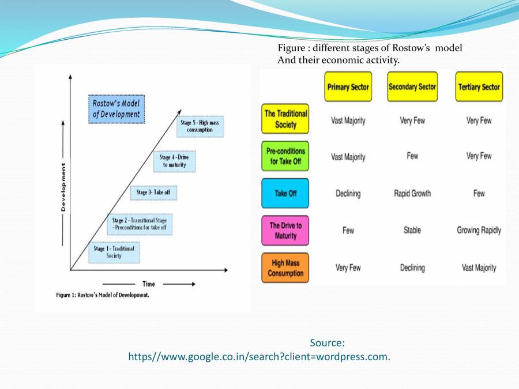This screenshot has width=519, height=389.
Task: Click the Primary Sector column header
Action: click(348, 87)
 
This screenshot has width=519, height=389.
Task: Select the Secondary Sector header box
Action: click(412, 87)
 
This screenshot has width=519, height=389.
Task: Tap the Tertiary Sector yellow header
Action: click(479, 87)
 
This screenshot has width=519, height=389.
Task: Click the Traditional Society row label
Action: click(285, 119)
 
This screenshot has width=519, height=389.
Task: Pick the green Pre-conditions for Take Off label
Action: click(285, 156)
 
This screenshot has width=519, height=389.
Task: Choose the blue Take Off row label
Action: click(285, 193)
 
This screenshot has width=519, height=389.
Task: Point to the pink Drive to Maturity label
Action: click(285, 231)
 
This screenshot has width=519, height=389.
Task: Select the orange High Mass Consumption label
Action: click(285, 268)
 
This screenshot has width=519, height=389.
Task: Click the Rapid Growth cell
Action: click(412, 194)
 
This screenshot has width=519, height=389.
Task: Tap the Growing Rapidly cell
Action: click(479, 231)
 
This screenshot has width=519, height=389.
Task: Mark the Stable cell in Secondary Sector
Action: click(412, 231)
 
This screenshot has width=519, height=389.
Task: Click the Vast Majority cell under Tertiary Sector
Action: click(479, 268)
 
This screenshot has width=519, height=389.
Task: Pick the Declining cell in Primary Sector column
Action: click(348, 194)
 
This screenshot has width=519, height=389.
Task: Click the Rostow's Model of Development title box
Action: click(116, 108)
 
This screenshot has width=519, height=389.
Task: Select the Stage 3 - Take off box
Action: click(153, 192)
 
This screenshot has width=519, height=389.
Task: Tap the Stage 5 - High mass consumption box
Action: click(200, 126)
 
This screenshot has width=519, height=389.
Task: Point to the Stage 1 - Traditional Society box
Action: click(114, 252)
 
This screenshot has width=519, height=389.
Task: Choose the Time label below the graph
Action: click(148, 284)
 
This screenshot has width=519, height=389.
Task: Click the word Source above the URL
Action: click(327, 343)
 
